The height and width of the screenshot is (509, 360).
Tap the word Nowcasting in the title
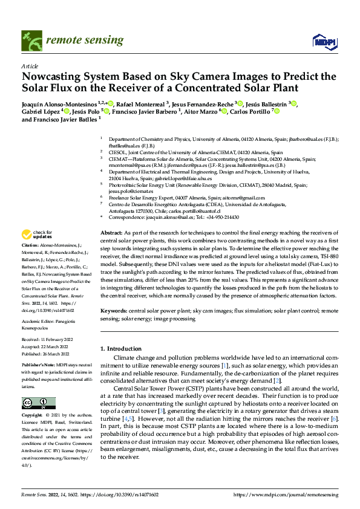(x=53, y=77)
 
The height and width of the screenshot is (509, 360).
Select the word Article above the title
(x=29, y=66)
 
